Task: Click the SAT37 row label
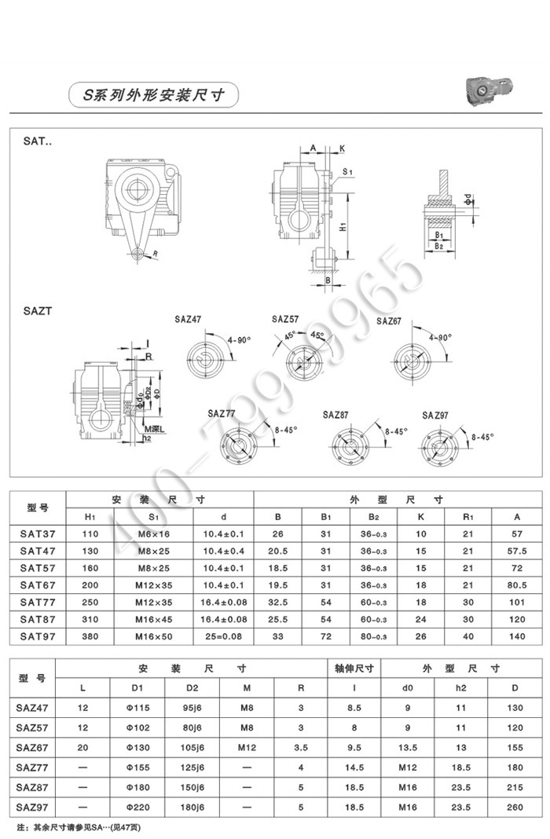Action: pos(38,533)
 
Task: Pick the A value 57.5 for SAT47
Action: pos(516,550)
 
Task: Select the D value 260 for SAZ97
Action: pos(515,808)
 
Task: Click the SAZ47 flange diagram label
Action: pos(188,320)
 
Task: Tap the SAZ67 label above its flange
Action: pos(389,321)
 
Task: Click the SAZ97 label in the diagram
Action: pos(435,415)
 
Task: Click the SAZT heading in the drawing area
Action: pos(37,310)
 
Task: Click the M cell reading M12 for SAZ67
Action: pos(247,746)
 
